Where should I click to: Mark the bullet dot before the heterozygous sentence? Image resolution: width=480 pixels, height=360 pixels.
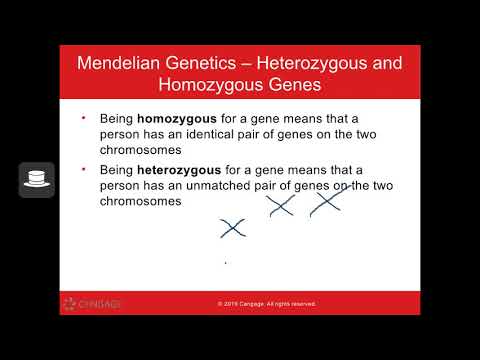(x=83, y=172)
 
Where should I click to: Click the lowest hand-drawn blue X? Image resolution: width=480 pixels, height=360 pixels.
(x=232, y=229)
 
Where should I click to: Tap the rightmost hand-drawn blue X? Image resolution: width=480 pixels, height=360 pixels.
(x=326, y=203)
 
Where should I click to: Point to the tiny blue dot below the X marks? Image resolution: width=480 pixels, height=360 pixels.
(x=225, y=263)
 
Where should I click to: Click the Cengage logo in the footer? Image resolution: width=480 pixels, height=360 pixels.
(x=92, y=304)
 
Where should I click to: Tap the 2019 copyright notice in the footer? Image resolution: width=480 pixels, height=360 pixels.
(x=266, y=304)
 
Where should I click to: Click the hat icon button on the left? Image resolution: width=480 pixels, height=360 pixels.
(x=37, y=179)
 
